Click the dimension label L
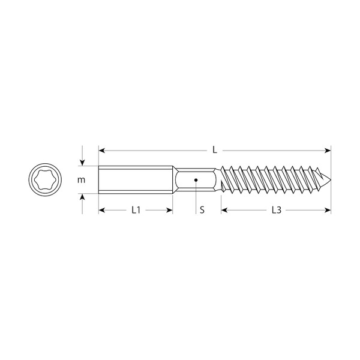(215, 150)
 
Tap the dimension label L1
(136, 210)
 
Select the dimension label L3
(277, 210)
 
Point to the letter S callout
(202, 210)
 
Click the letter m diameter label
(81, 180)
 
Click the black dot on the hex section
(196, 180)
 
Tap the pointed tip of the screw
(331, 180)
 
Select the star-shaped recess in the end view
(45, 180)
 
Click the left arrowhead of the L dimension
(102, 151)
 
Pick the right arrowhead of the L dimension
(328, 151)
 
